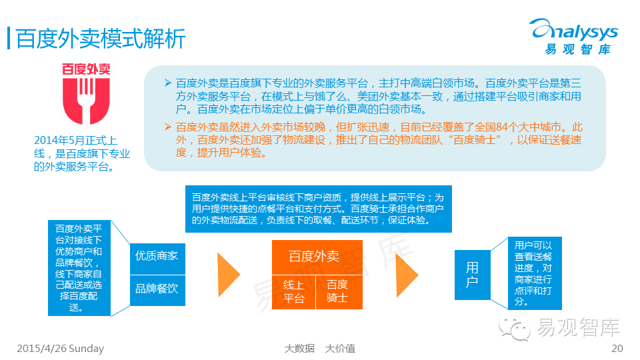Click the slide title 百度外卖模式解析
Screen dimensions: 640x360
[101, 38]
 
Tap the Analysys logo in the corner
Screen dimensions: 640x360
[573, 36]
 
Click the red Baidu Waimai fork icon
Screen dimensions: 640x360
[86, 100]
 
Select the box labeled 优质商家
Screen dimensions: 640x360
[157, 256]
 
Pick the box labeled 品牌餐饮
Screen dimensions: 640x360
[157, 289]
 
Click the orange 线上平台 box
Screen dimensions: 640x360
[293, 291]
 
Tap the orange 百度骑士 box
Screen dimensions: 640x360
[338, 291]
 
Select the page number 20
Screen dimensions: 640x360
[617, 349]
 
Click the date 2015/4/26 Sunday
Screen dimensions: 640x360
[60, 349]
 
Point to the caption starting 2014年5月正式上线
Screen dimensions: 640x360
[81, 153]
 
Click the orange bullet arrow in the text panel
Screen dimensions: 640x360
[167, 127]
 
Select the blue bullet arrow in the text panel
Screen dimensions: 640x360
[167, 83]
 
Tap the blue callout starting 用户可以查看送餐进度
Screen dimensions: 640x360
[533, 273]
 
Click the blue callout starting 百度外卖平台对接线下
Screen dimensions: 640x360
[78, 267]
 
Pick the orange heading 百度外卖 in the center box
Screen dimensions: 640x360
[315, 257]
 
